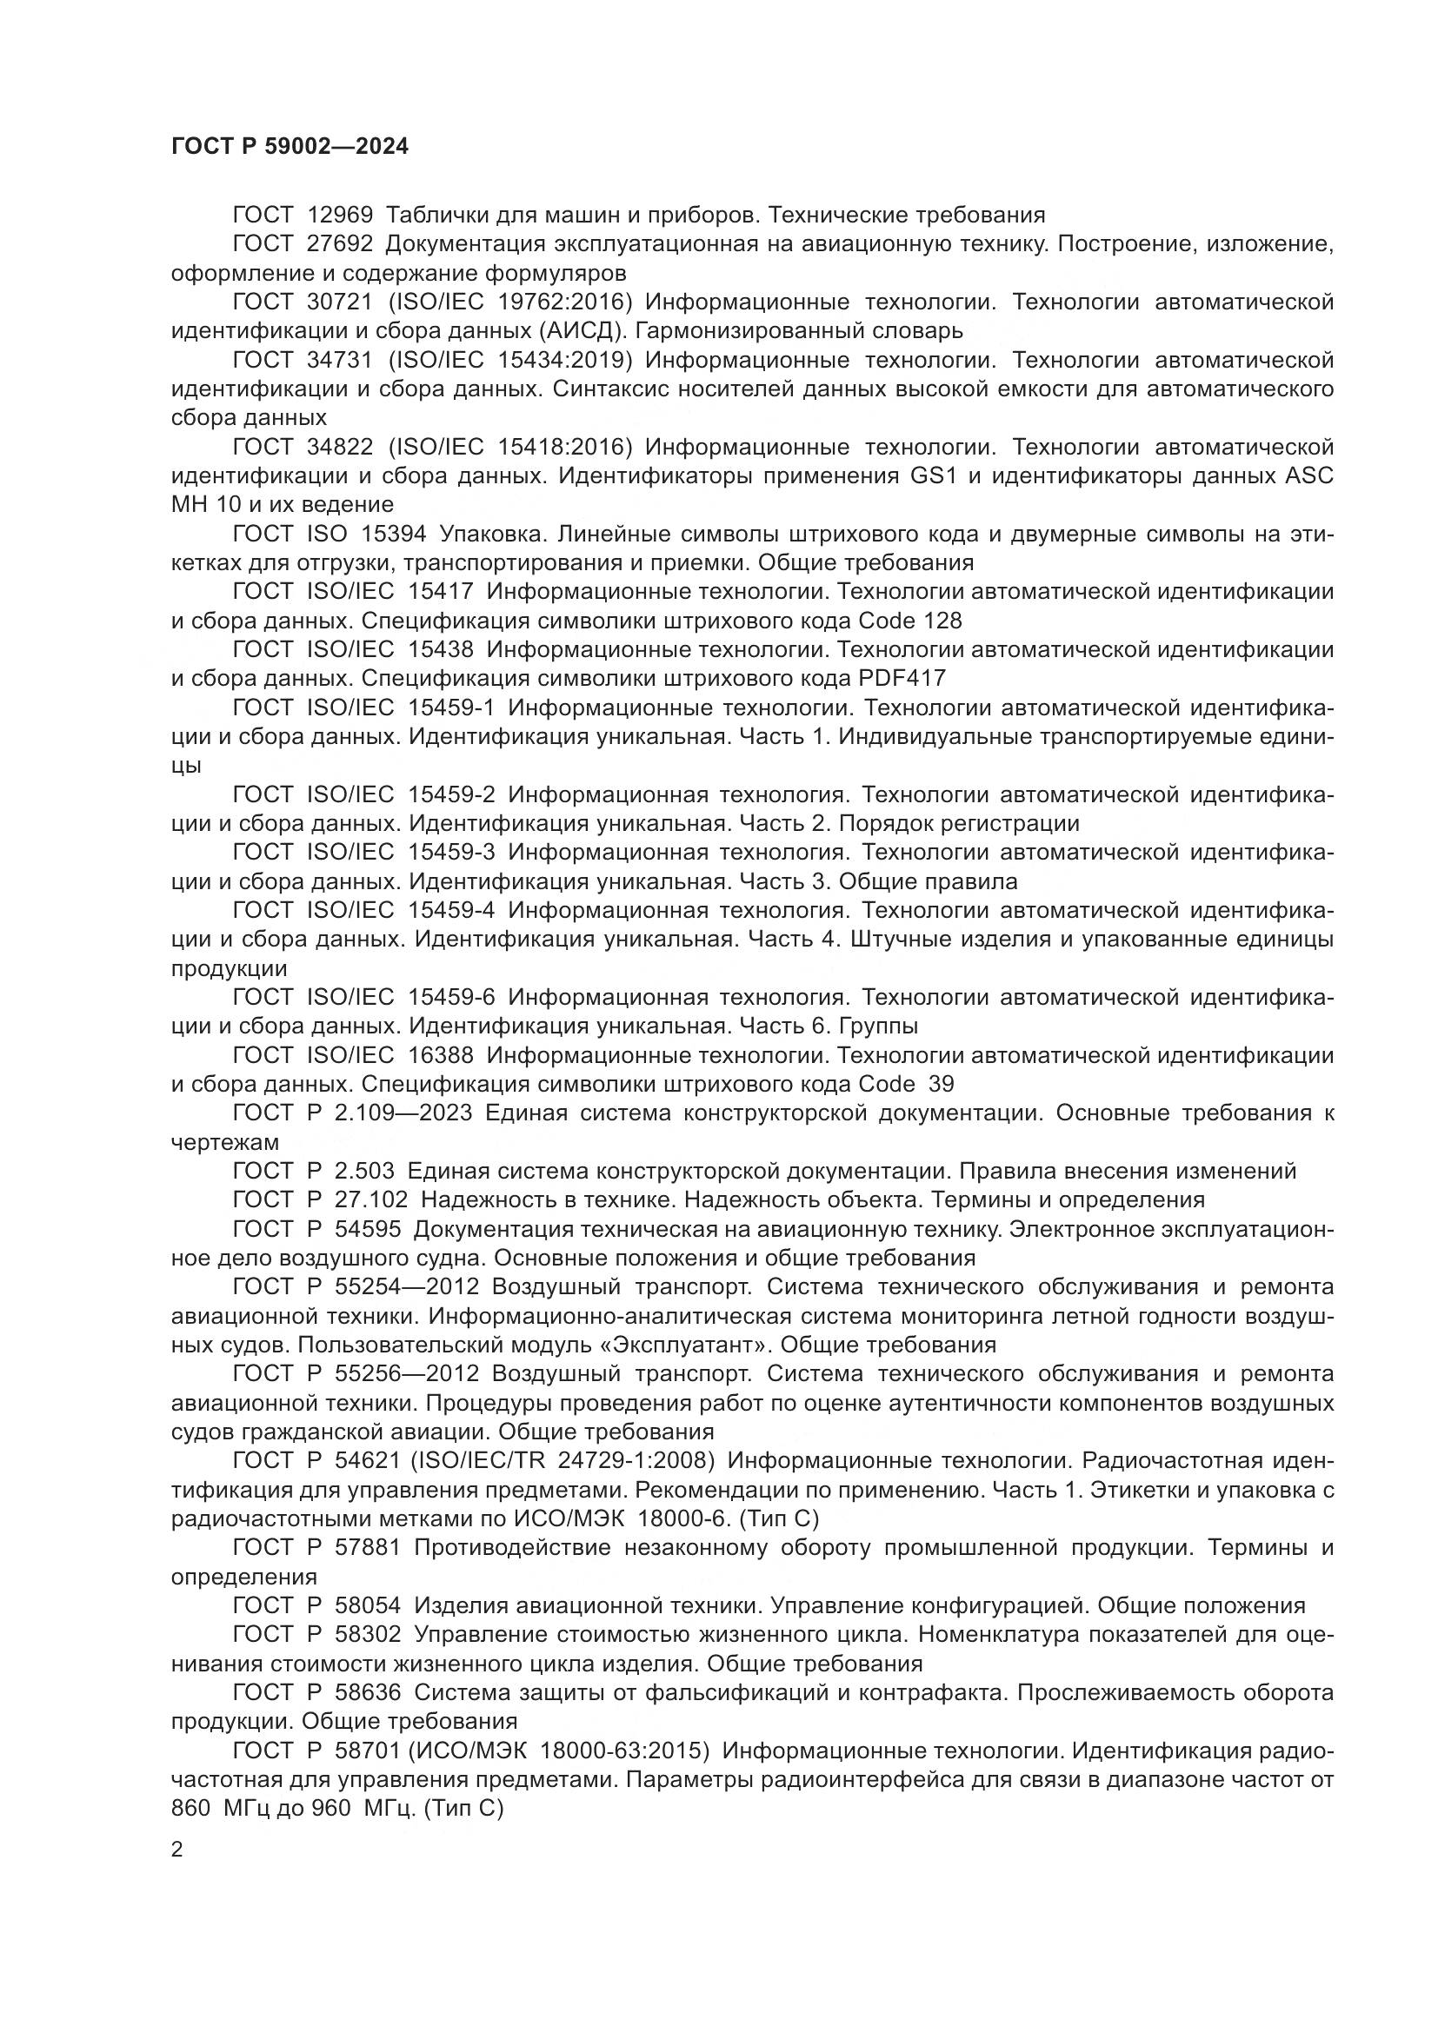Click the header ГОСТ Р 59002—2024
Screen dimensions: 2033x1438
pyautogui.click(x=290, y=147)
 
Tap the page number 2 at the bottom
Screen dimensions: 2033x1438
pyautogui.click(x=177, y=1850)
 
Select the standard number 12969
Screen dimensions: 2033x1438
pyautogui.click(x=340, y=216)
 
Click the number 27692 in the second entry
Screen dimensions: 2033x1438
pyautogui.click(x=340, y=244)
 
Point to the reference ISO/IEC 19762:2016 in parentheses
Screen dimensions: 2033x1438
pyautogui.click(x=510, y=302)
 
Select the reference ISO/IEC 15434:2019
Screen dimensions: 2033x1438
pyautogui.click(x=510, y=361)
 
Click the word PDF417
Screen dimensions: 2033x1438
pyautogui.click(x=902, y=679)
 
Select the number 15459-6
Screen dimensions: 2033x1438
pyautogui.click(x=451, y=998)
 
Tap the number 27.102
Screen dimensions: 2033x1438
pyautogui.click(x=371, y=1200)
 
